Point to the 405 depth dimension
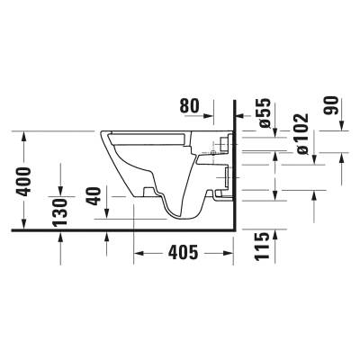click(x=183, y=255)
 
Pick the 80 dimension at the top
click(x=189, y=106)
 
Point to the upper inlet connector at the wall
click(x=223, y=141)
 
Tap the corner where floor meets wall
click(x=235, y=230)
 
